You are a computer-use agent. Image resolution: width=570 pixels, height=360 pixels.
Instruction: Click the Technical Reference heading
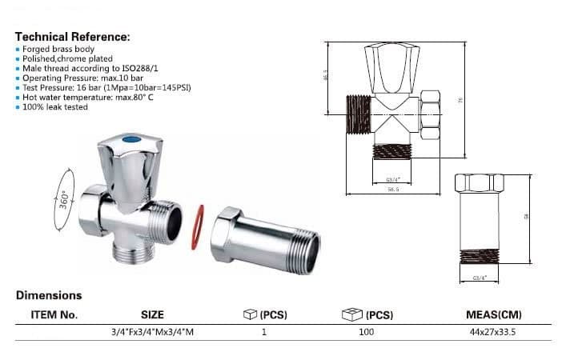(x=72, y=37)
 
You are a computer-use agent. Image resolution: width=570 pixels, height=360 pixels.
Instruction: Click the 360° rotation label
(x=64, y=200)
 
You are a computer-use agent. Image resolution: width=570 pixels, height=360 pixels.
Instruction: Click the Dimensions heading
(x=49, y=295)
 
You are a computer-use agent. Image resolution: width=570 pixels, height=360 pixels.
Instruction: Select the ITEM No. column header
(x=54, y=314)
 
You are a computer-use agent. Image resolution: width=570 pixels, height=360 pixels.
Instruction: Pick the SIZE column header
(x=152, y=314)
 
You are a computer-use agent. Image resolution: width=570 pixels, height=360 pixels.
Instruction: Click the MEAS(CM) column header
(x=492, y=314)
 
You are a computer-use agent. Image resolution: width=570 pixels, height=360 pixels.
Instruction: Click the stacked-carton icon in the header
(x=350, y=314)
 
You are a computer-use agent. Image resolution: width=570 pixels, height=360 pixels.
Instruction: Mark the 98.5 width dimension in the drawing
(x=392, y=190)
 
